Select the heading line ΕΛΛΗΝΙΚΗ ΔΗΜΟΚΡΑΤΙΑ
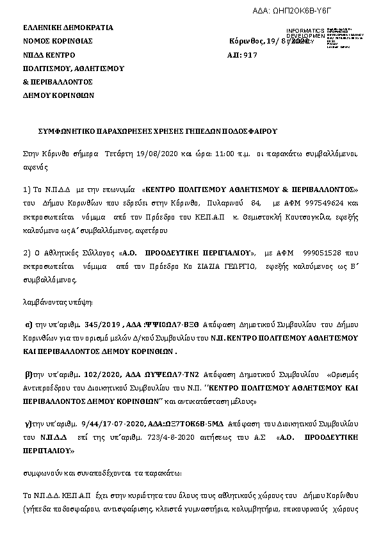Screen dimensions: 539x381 point(68,28)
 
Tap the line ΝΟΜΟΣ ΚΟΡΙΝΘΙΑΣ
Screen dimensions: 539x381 point(58,42)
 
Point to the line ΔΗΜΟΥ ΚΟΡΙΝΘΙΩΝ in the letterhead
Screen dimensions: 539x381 point(59,95)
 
